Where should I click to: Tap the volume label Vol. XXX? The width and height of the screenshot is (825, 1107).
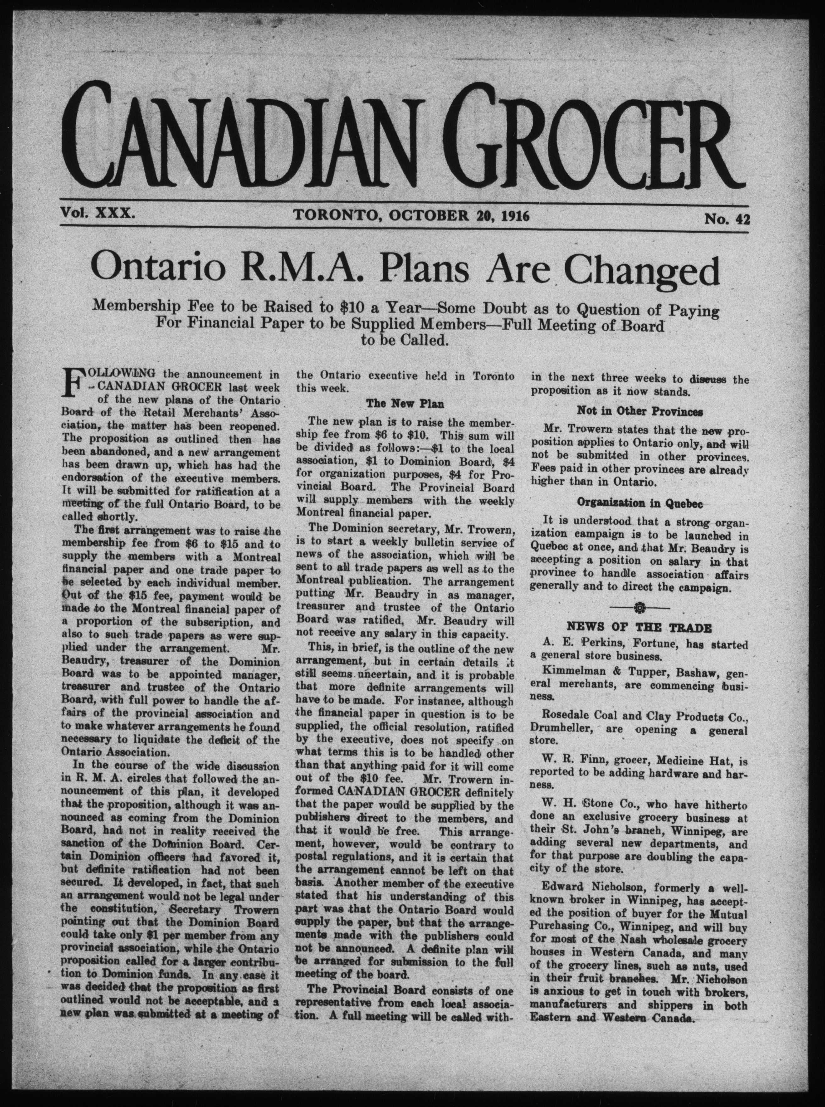pyautogui.click(x=97, y=214)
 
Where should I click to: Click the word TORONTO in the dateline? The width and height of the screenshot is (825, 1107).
pyautogui.click(x=338, y=215)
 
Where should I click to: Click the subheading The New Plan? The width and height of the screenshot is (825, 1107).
pyautogui.click(x=405, y=403)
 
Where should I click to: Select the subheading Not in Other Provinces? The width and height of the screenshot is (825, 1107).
pyautogui.click(x=640, y=412)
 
